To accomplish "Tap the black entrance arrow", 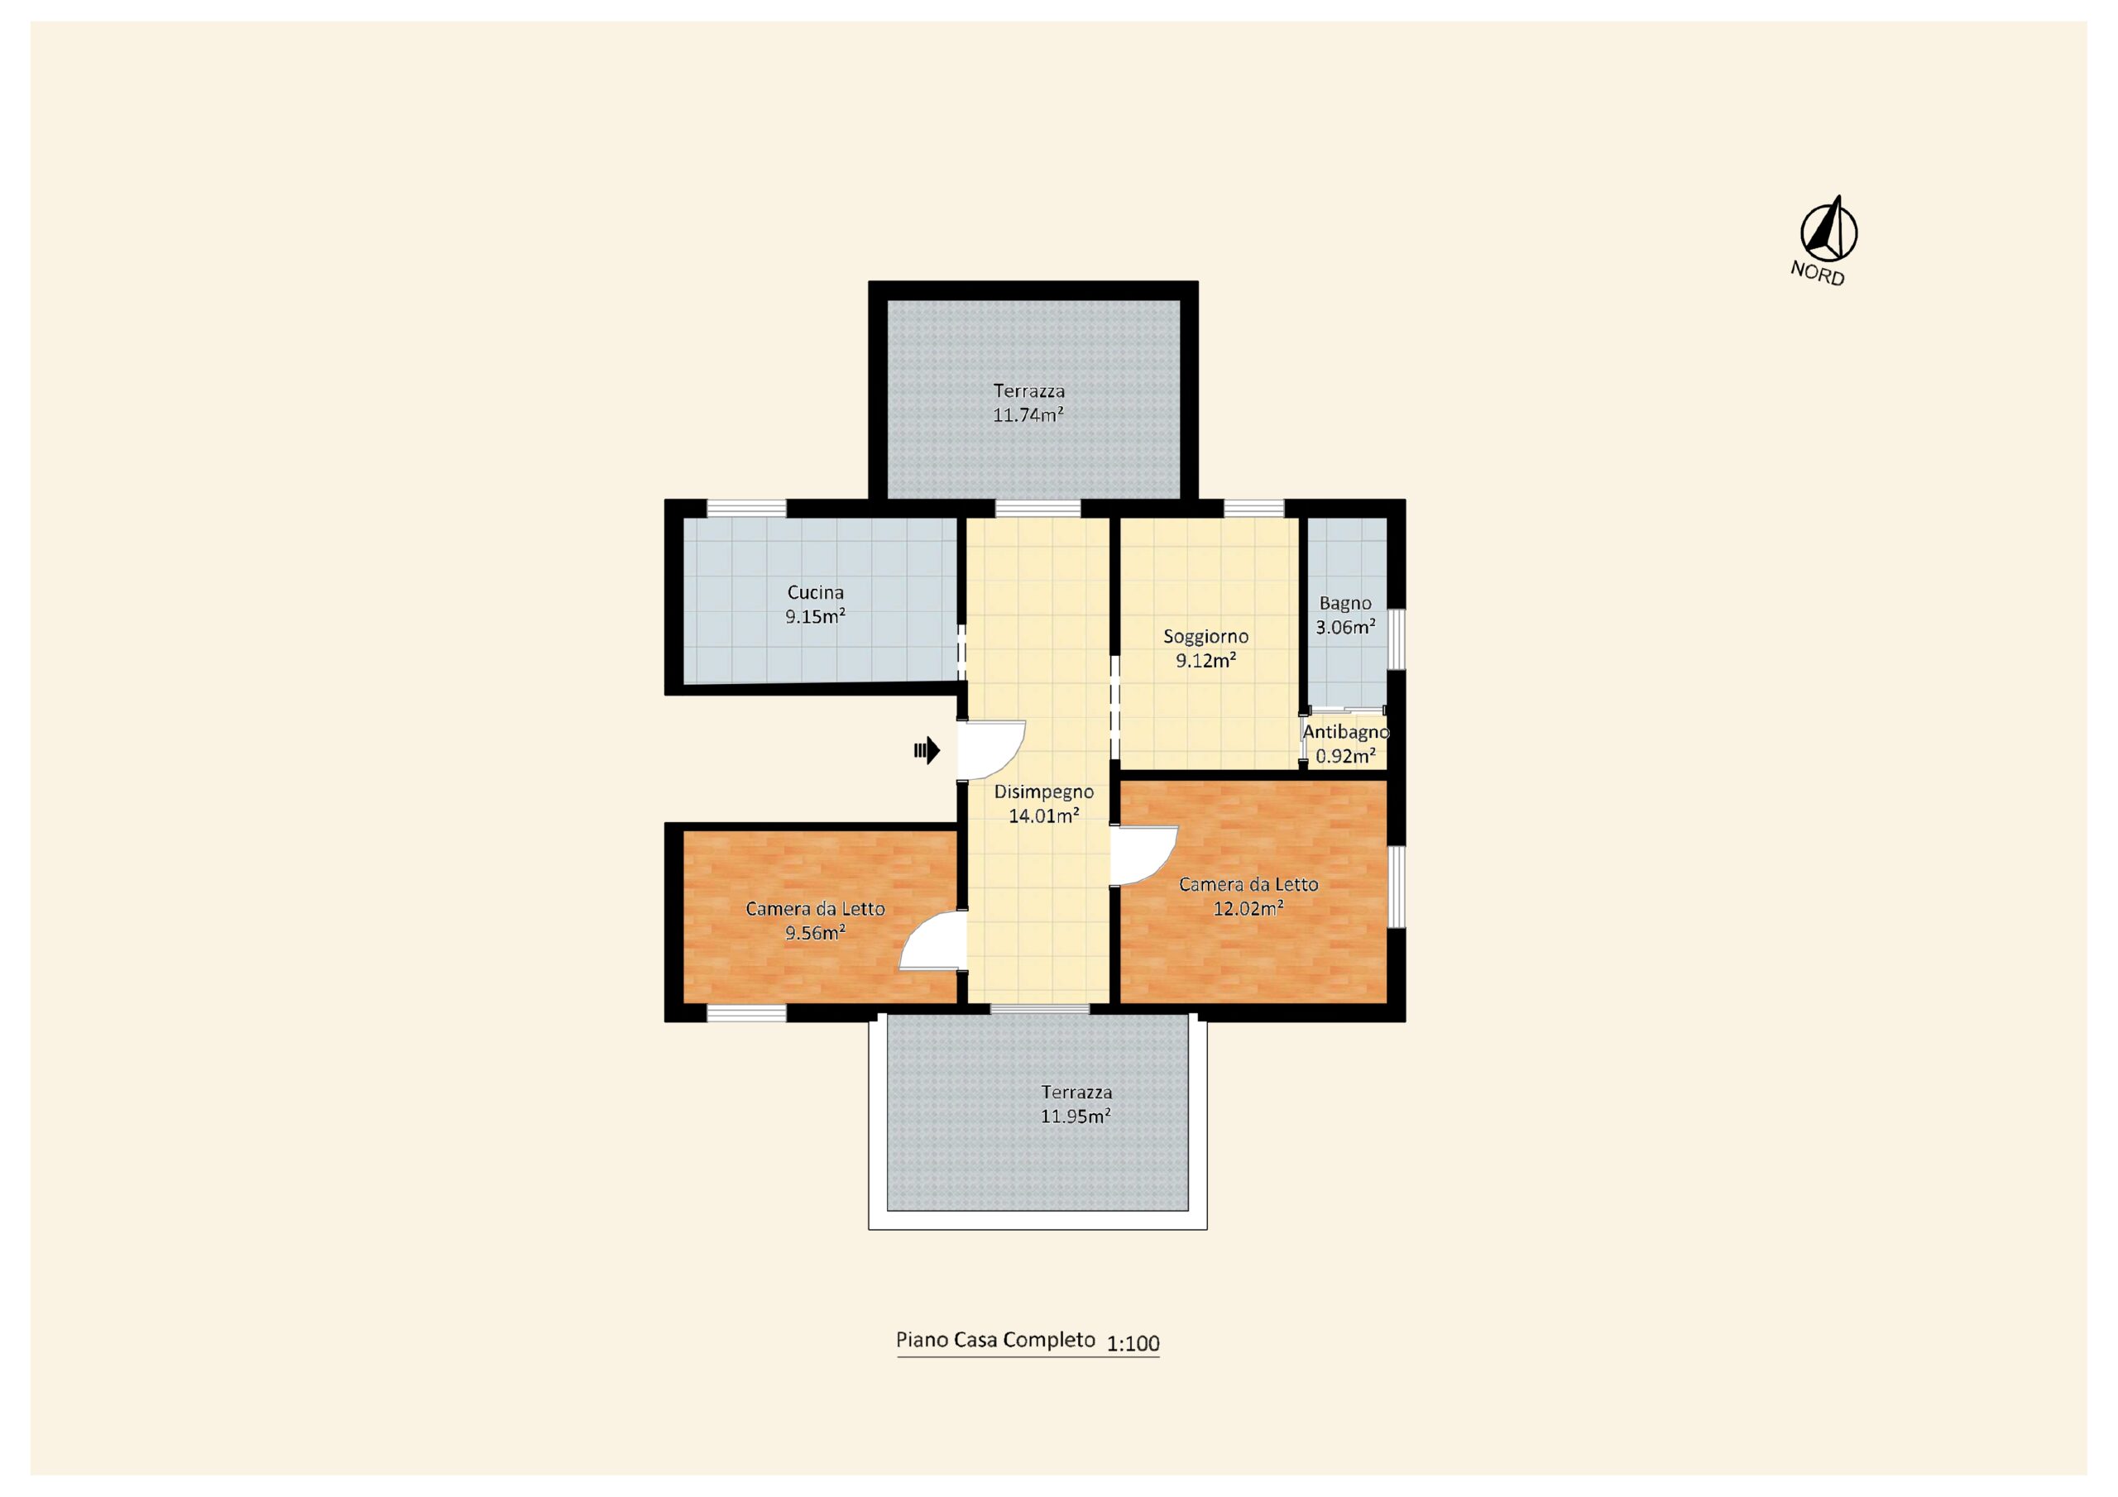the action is [x=927, y=750].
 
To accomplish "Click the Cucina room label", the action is [x=815, y=592].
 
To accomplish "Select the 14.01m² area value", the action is [x=1043, y=815].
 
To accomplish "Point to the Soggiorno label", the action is [x=1205, y=637].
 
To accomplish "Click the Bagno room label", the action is [x=1345, y=603].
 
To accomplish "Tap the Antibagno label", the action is [x=1346, y=731].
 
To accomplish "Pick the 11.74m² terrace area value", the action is [x=1028, y=414].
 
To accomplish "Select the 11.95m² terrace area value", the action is [x=1076, y=1115].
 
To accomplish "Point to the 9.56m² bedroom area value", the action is [x=816, y=932].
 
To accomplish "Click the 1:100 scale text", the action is [x=1133, y=1343].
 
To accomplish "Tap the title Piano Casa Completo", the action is [x=995, y=1339].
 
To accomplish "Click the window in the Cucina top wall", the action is [x=746, y=508].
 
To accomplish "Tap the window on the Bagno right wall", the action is [x=1397, y=638].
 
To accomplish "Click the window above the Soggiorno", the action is [x=1253, y=508].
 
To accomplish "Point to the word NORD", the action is [x=1818, y=273].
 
